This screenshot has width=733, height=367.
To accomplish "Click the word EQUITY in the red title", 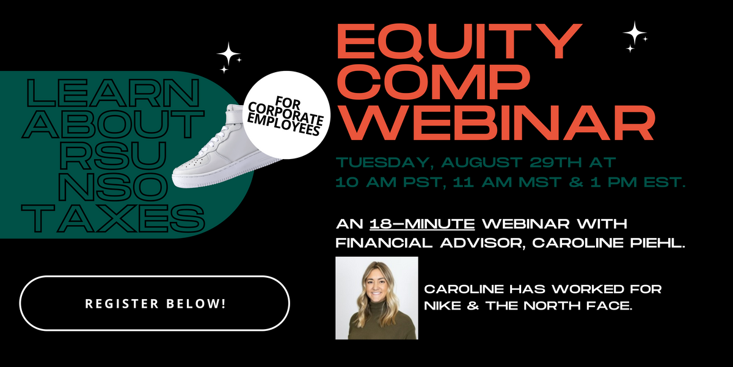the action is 459,42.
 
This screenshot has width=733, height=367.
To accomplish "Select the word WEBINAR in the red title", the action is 496,122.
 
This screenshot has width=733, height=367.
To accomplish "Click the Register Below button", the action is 155,303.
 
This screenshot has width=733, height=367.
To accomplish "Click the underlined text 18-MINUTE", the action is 422,224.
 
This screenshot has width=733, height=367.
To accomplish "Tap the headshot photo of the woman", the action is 377,298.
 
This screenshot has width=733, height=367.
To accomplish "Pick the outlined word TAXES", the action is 113,218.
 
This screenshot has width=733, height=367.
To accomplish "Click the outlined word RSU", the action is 113,155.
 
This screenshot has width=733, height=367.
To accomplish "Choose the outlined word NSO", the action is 113,187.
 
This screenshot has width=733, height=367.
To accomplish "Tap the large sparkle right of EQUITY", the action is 635,33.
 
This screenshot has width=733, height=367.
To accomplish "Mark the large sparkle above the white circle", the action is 228,54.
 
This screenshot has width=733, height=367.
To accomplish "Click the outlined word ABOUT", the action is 113,124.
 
